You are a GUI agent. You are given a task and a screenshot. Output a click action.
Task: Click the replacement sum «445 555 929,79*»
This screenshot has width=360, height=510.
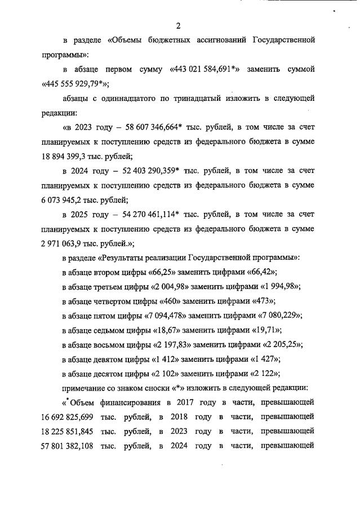point(76,84)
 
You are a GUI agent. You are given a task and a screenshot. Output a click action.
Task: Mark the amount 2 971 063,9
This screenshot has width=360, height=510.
point(67,243)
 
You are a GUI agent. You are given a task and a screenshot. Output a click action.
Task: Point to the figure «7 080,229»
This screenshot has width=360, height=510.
point(275,316)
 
